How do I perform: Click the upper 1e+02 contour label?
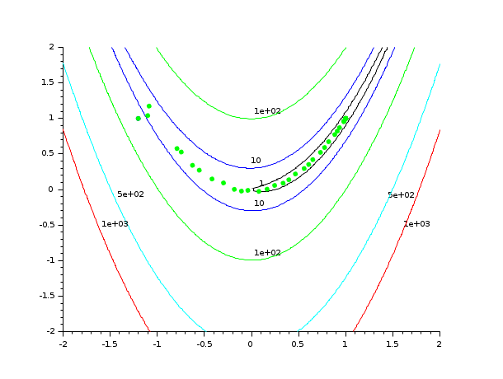(267, 111)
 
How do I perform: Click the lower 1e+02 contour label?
(267, 253)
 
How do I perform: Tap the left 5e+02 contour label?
(130, 194)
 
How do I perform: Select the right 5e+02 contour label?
(401, 195)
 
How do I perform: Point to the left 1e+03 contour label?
(115, 224)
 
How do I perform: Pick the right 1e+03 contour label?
(416, 224)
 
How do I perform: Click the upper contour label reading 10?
(256, 161)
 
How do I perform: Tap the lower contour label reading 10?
(258, 203)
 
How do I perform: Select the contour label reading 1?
(261, 184)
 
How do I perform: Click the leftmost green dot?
(139, 119)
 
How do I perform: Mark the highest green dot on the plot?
(149, 106)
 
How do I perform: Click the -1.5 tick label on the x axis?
(109, 344)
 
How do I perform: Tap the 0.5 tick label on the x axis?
(298, 344)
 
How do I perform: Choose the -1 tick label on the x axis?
(156, 344)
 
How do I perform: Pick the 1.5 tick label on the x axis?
(392, 344)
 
